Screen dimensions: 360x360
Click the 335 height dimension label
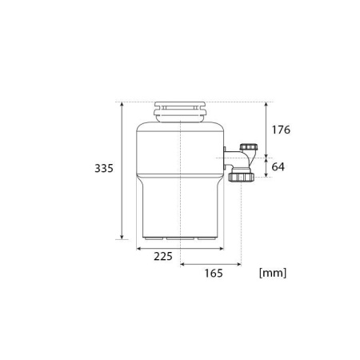tap(104, 169)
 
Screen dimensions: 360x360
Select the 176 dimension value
tap(281, 130)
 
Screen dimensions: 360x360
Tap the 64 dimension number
tap(278, 167)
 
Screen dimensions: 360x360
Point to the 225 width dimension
tap(163, 257)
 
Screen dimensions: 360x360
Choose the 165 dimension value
tap(214, 274)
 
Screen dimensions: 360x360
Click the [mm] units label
tap(273, 273)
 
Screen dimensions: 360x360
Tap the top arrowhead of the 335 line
tap(122, 105)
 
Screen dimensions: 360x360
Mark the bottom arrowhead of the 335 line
tap(122, 237)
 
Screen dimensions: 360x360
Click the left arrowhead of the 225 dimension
tap(139, 249)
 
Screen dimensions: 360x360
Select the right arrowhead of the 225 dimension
tap(221, 249)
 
